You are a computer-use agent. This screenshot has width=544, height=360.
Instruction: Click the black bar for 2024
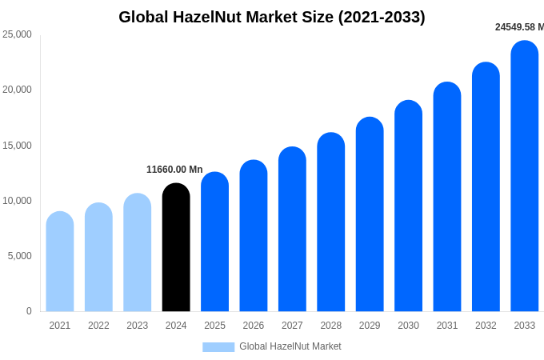pos(176,248)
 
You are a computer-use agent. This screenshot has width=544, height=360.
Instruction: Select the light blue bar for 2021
pos(60,262)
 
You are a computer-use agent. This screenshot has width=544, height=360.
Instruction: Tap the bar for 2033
pos(525,176)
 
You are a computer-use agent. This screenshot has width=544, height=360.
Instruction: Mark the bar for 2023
pos(138,253)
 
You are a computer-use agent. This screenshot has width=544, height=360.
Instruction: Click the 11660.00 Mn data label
pos(174,170)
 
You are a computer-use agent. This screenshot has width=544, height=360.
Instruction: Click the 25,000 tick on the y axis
pos(18,34)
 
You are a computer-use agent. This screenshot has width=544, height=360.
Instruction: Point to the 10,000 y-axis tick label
pos(18,201)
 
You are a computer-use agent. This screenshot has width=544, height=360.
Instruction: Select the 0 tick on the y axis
pos(29,311)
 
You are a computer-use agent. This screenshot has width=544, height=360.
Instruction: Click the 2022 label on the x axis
pos(98,326)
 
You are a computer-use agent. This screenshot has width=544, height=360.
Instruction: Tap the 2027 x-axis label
pos(292,326)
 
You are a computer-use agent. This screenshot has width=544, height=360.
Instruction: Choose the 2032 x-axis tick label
pos(486,326)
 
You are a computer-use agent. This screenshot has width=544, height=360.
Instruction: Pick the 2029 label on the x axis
pos(370,326)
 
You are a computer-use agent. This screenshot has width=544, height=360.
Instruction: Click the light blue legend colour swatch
pos(218,347)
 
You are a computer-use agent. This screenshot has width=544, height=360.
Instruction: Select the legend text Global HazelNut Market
pos(290,346)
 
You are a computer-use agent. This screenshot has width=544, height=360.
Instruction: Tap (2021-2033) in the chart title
pos(382,17)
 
